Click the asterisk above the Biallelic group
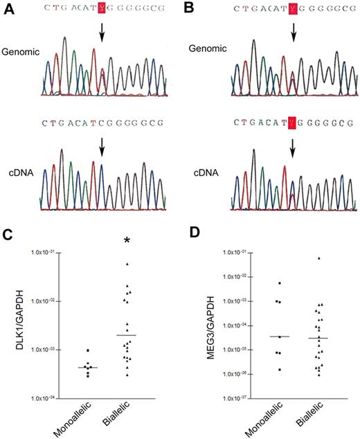tap(127, 241)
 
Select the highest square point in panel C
tap(88, 352)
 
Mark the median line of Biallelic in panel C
tap(127, 335)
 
